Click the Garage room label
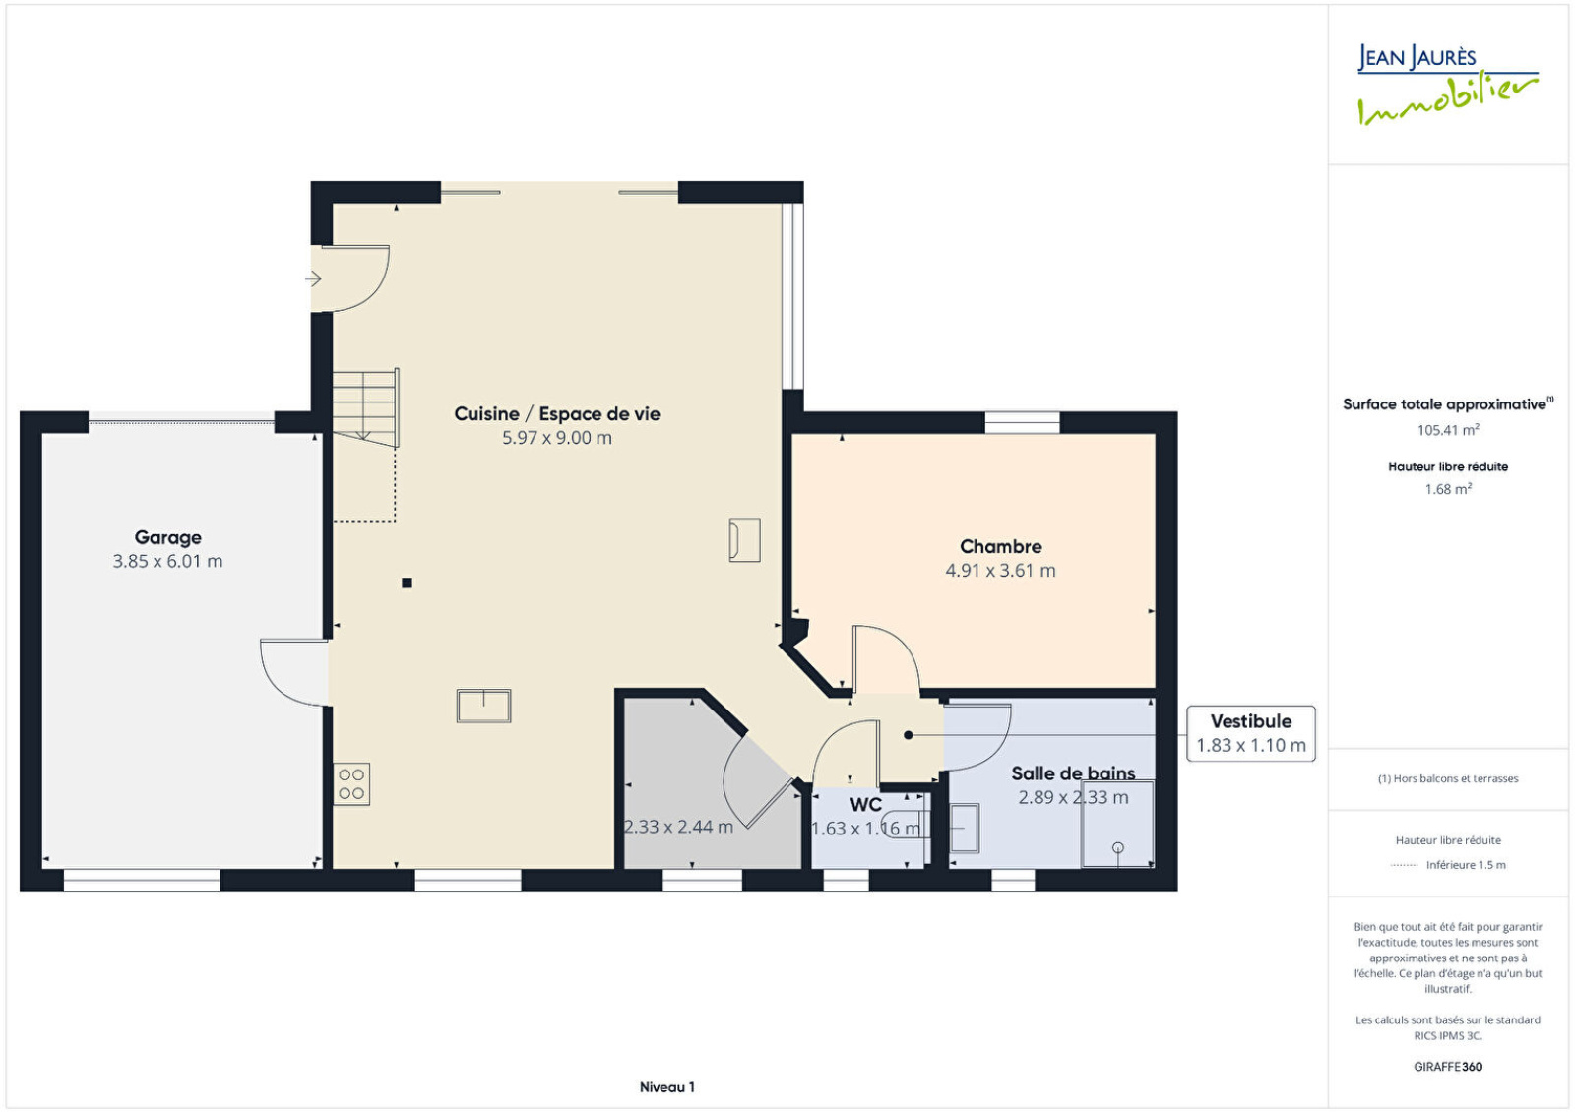pyautogui.click(x=168, y=537)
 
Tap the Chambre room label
pyautogui.click(x=1000, y=546)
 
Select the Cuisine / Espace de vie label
pyautogui.click(x=557, y=414)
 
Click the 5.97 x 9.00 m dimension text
pyautogui.click(x=557, y=438)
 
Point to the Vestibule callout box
pyautogui.click(x=1251, y=734)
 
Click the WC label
pyautogui.click(x=865, y=804)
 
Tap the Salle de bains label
pyautogui.click(x=1073, y=773)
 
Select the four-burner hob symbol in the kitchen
pyautogui.click(x=351, y=784)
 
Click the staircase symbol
pyautogui.click(x=365, y=407)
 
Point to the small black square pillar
pyautogui.click(x=408, y=583)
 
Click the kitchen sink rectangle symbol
pyautogui.click(x=483, y=706)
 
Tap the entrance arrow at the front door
pyautogui.click(x=314, y=279)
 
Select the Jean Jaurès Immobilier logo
pyautogui.click(x=1448, y=85)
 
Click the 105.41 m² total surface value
pyautogui.click(x=1448, y=429)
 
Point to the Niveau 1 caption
pyautogui.click(x=667, y=1087)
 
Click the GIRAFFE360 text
pyautogui.click(x=1448, y=1067)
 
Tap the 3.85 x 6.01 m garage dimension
pyautogui.click(x=168, y=562)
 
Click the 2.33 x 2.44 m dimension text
pyautogui.click(x=678, y=827)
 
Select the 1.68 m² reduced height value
pyautogui.click(x=1448, y=488)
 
